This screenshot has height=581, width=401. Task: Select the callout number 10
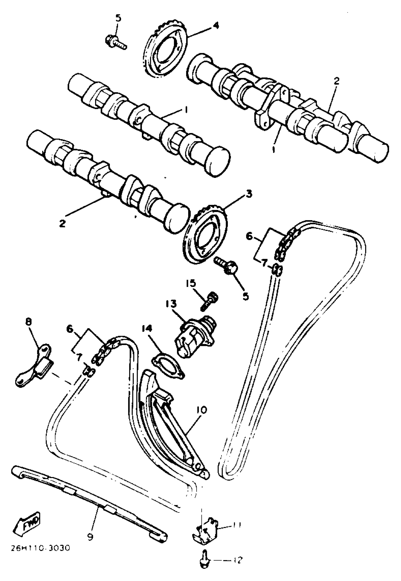click(201, 410)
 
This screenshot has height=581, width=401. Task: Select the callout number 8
click(29, 323)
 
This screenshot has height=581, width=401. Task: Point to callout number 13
click(171, 304)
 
